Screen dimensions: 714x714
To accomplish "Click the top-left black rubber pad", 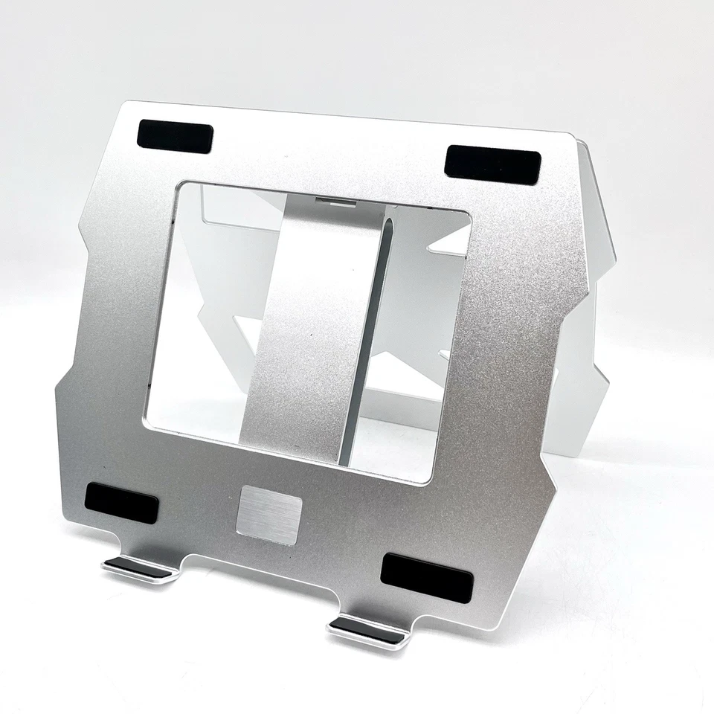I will pos(175,136).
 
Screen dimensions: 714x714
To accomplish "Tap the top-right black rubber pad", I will pos(492,166).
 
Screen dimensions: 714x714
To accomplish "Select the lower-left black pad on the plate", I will pos(121,503).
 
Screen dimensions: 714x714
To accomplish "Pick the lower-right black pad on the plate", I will pos(426,578).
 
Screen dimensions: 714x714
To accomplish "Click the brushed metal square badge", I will pos(268,515).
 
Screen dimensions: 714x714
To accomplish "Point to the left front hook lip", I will pos(139,568).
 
